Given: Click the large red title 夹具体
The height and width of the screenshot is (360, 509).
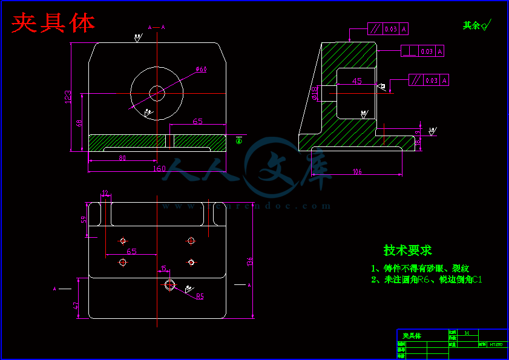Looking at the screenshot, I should (54, 23).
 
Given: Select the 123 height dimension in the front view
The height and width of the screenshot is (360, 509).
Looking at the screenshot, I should (68, 97).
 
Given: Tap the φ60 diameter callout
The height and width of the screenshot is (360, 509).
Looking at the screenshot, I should (202, 70).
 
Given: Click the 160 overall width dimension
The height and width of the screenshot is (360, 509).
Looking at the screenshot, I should (159, 169).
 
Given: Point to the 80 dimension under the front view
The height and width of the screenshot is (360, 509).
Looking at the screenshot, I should (122, 158).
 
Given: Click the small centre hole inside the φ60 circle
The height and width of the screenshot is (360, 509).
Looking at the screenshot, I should (157, 93).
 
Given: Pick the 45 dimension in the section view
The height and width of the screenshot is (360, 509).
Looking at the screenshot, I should (356, 80).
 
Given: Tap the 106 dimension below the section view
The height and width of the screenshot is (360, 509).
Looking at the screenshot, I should (357, 172).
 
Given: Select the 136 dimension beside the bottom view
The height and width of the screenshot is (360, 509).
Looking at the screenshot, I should (249, 261).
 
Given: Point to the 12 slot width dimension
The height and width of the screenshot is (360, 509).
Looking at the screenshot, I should (106, 193).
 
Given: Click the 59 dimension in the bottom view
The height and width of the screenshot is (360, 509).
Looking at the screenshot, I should (84, 219).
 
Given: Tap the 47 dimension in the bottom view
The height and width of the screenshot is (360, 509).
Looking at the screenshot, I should (76, 306).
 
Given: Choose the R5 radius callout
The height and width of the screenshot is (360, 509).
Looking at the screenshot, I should (200, 296).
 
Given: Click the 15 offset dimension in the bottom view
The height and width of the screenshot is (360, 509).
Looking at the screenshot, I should (163, 269).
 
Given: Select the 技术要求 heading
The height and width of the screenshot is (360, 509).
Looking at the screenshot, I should (407, 250).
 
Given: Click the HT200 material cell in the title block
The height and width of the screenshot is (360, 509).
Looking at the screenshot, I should (496, 344).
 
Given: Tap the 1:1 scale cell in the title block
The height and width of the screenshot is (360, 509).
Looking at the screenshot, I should (467, 332).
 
